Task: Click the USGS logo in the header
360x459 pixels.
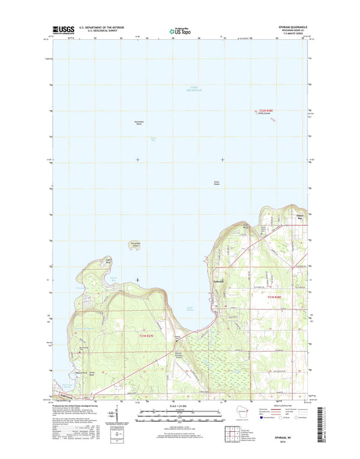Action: (64, 30)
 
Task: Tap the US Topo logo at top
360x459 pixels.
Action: (180, 30)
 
